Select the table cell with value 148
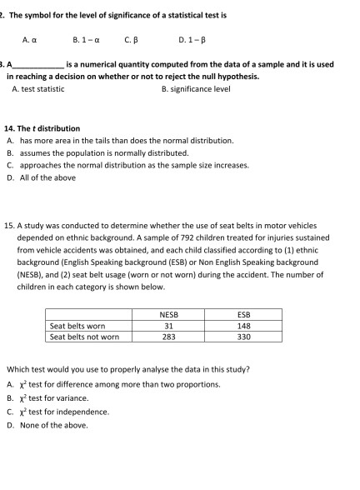point(243,326)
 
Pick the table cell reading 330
point(243,337)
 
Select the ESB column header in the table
point(243,314)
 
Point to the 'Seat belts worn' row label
point(77,326)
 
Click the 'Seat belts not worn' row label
point(84,337)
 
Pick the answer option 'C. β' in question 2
point(130,37)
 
